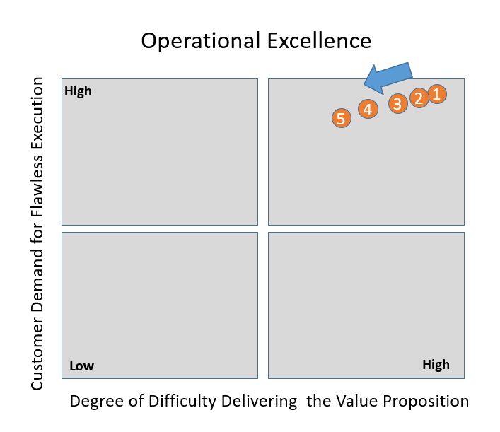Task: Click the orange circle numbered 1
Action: click(436, 94)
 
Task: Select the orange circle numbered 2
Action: click(419, 98)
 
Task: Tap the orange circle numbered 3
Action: click(397, 104)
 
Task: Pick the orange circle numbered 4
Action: click(367, 110)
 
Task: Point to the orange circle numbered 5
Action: click(341, 119)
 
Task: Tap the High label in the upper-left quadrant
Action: click(78, 91)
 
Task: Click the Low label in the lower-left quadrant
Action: click(81, 366)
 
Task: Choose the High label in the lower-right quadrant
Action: click(436, 365)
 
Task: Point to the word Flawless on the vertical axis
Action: click(38, 190)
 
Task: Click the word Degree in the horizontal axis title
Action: click(93, 402)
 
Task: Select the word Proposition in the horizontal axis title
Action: click(426, 401)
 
